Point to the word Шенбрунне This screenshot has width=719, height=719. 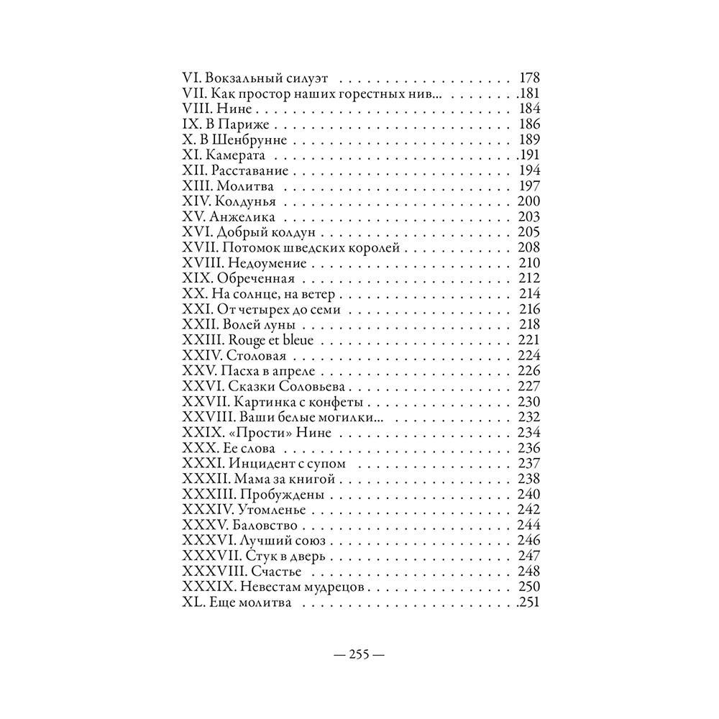252,139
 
